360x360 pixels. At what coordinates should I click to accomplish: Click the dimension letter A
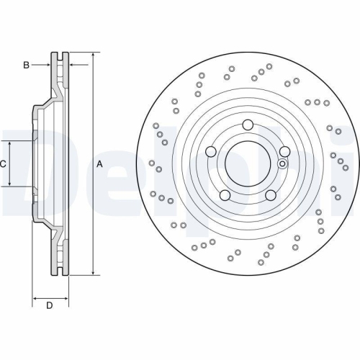point(100,164)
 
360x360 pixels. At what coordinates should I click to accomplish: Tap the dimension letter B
point(26,65)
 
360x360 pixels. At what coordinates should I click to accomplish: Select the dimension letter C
point(4,164)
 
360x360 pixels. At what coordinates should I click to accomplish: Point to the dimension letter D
point(49,306)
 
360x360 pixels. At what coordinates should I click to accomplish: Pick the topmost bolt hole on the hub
point(247,123)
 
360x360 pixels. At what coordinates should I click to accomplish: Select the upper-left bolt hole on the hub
point(211,151)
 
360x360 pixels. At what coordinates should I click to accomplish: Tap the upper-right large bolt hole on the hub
point(284,150)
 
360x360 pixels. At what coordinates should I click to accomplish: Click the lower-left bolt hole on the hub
point(225,195)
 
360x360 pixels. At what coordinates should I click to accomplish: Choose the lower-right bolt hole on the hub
point(270,195)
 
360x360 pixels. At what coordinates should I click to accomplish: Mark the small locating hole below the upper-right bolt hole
point(282,163)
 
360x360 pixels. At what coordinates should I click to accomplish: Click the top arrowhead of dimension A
point(94,55)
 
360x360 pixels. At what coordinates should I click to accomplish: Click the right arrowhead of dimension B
point(71,65)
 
